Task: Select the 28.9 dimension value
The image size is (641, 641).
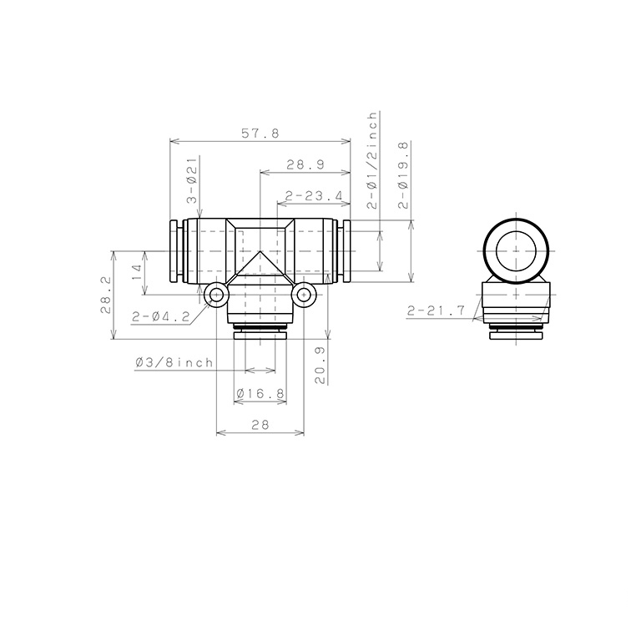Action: (305, 165)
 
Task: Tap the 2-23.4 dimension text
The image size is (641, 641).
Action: (313, 197)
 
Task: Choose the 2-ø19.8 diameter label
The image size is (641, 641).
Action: (404, 175)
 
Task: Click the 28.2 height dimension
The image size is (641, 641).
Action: (105, 295)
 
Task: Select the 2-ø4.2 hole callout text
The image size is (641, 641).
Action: (160, 316)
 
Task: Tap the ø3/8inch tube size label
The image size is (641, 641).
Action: (174, 363)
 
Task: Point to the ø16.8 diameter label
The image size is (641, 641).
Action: (260, 393)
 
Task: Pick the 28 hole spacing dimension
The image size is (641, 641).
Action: (260, 425)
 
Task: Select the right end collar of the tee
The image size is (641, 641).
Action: (345, 250)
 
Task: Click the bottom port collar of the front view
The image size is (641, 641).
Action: (260, 335)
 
